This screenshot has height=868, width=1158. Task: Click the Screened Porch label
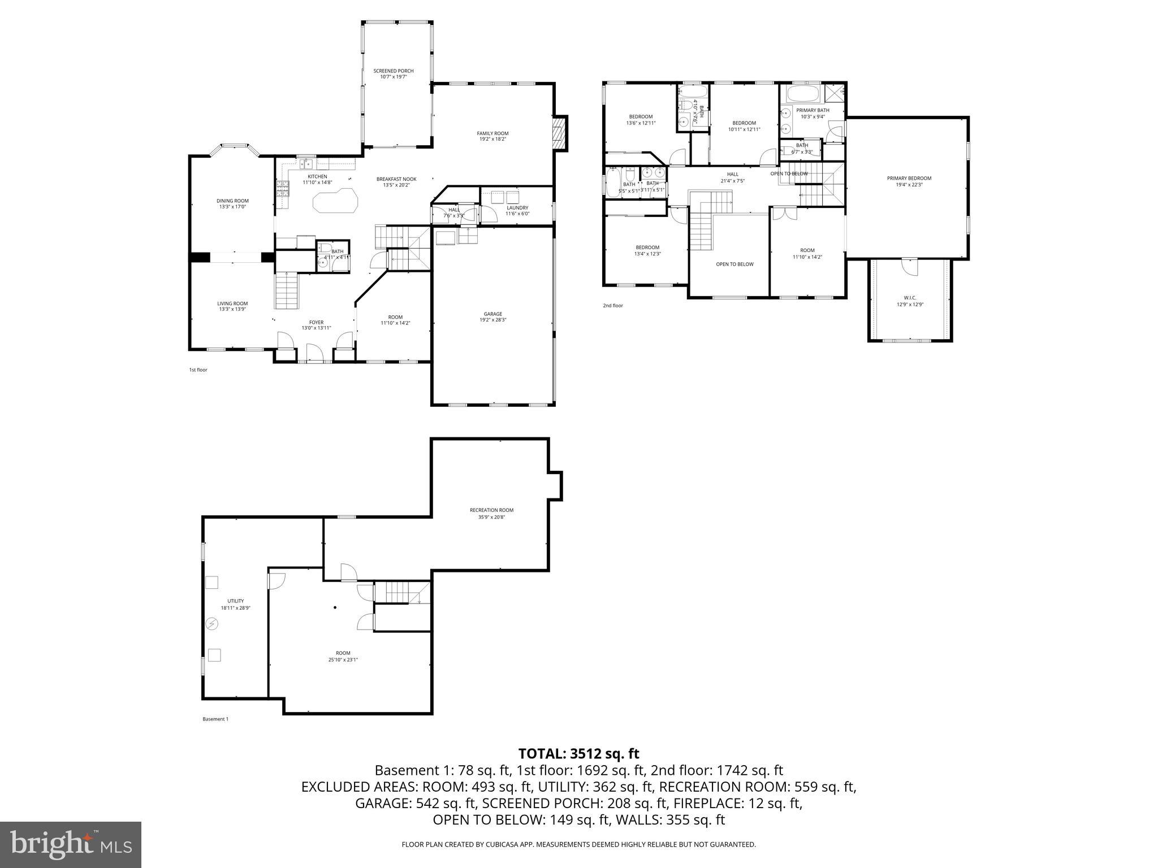(x=393, y=71)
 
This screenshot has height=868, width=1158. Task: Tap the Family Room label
(x=492, y=133)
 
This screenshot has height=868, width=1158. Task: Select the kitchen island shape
(x=335, y=201)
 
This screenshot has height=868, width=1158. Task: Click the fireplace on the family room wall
(x=559, y=133)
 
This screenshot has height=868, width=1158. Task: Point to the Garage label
(x=492, y=314)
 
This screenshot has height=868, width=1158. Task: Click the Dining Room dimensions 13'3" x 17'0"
(x=232, y=207)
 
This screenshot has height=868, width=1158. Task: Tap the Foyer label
(x=316, y=322)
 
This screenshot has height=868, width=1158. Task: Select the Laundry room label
(x=517, y=207)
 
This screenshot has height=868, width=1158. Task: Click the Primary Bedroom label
(x=909, y=178)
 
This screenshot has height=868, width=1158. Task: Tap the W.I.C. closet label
(x=910, y=298)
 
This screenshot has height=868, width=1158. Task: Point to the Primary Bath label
(x=813, y=110)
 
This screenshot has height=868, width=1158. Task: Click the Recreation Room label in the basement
(x=491, y=510)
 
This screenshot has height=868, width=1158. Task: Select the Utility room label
(x=235, y=601)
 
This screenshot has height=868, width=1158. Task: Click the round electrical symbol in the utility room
(x=211, y=624)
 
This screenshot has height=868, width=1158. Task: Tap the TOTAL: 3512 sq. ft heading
(x=578, y=753)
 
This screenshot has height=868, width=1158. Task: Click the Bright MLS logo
(x=71, y=844)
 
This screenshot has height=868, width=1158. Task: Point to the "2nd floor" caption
(x=612, y=306)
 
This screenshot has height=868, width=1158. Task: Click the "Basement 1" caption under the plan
(x=215, y=719)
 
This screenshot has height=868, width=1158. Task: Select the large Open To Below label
(x=734, y=264)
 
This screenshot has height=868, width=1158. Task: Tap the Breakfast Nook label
(x=396, y=179)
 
